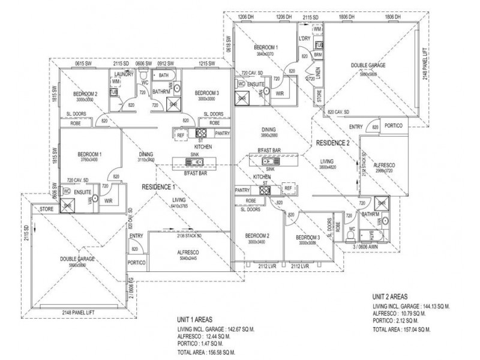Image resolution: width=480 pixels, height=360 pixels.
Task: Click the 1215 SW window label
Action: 207,63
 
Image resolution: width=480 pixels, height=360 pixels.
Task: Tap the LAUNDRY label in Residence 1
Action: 121,73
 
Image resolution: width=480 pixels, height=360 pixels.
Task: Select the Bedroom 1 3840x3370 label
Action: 265,50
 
